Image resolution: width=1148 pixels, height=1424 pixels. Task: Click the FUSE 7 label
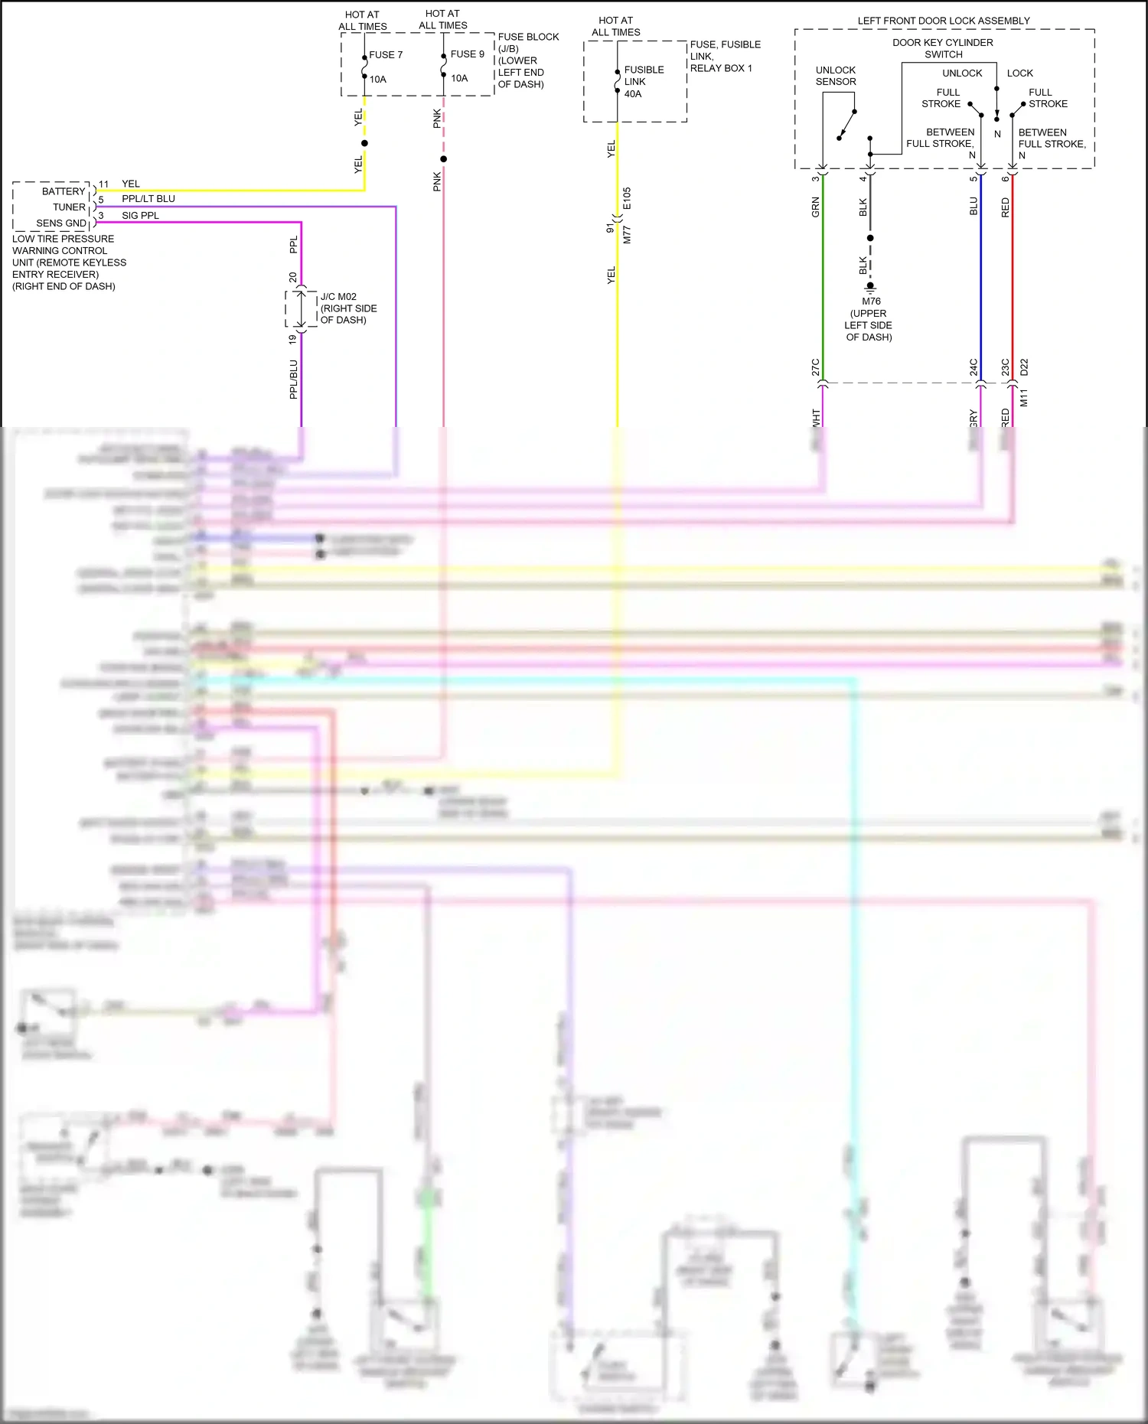coord(385,55)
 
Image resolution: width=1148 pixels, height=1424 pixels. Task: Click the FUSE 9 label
coord(467,54)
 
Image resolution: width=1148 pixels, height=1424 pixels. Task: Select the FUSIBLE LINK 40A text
coord(644,82)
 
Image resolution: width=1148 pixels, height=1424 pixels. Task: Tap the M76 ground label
coord(871,301)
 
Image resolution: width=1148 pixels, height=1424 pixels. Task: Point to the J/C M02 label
coord(338,297)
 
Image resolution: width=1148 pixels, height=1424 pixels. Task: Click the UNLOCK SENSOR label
coord(836,76)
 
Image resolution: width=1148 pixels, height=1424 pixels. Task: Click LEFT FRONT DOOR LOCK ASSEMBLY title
coord(943,21)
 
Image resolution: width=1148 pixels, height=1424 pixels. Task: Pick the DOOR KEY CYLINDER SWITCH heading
coord(943,48)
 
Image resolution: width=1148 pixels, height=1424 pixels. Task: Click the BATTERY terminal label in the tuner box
coord(64,191)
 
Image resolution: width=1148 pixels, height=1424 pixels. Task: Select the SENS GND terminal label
coord(61,223)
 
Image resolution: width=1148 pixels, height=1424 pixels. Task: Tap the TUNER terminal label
coord(69,207)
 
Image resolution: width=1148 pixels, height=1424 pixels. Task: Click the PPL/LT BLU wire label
coord(148,199)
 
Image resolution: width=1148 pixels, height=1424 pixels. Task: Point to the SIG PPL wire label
coord(140,216)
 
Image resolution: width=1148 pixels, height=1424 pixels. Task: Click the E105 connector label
coord(627,199)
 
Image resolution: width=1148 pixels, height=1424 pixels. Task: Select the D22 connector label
coord(1024,367)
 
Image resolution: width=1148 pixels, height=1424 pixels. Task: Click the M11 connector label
coord(1024,398)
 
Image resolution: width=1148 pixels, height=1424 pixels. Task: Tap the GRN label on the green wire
coord(816,207)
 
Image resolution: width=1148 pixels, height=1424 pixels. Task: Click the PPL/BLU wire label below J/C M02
coord(293,380)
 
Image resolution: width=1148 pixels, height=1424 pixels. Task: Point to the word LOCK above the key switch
coord(1019,73)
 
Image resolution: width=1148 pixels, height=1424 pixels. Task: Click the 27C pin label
coord(816,367)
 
